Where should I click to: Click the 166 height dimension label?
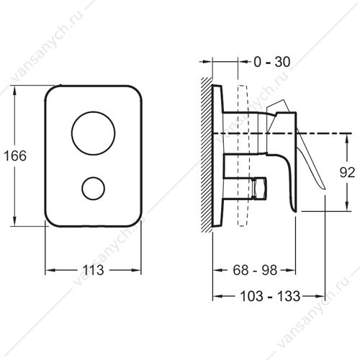click(x=15, y=156)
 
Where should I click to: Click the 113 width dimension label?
click(x=93, y=270)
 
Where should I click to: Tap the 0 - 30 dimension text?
click(x=272, y=62)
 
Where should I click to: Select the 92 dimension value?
click(x=347, y=172)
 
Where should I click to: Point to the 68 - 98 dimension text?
click(x=255, y=270)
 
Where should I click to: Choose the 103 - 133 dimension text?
click(x=270, y=296)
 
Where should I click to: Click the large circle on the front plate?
click(x=93, y=112)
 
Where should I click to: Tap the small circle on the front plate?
click(x=93, y=178)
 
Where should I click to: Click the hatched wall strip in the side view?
click(x=207, y=155)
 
